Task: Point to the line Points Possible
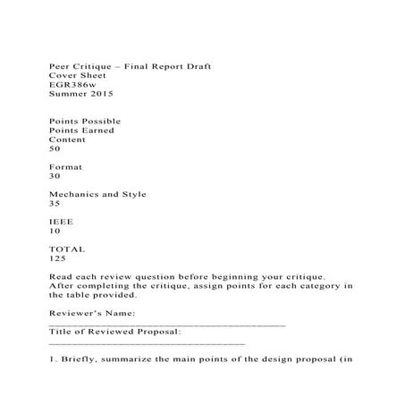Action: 84,121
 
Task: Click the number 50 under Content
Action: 55,148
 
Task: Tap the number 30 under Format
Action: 55,176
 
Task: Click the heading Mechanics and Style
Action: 97,194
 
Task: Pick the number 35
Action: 55,203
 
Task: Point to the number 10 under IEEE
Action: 55,231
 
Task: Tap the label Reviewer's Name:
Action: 91,313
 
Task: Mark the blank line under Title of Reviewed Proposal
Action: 146,342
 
